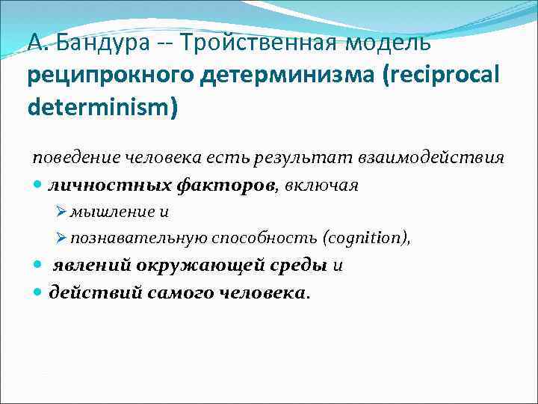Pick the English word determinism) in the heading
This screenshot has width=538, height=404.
click(x=103, y=107)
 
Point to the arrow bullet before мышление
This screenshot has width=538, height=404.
click(x=62, y=212)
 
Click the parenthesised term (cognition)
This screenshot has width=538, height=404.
click(x=366, y=239)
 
